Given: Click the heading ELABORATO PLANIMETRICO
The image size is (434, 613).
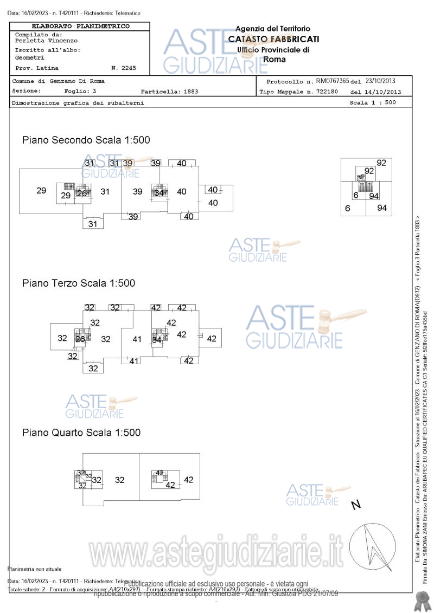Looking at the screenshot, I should point(80,26).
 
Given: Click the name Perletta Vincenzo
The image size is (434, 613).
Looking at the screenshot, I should point(46,41).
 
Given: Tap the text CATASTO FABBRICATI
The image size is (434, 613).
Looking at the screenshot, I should point(273,39).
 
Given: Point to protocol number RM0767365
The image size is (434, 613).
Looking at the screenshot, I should point(332,81).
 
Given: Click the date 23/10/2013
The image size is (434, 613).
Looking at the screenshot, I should point(382,81).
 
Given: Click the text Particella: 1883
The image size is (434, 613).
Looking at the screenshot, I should point(169,92).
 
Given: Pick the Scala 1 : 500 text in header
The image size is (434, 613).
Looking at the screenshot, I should point(373,102).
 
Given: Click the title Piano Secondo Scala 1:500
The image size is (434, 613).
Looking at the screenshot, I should point(86,140).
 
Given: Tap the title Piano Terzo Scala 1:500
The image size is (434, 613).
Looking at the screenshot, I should point(78,283).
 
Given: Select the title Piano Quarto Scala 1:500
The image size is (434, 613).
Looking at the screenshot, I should point(81,433).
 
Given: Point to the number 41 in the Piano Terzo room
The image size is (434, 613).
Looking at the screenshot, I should point(137,339).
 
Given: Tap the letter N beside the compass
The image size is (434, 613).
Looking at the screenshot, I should point(356,505).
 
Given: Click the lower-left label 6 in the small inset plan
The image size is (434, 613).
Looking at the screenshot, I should point(348,208).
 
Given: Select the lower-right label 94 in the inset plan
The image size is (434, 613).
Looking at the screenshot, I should point(382,208).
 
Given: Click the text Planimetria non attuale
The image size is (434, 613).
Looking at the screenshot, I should point(34,569).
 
